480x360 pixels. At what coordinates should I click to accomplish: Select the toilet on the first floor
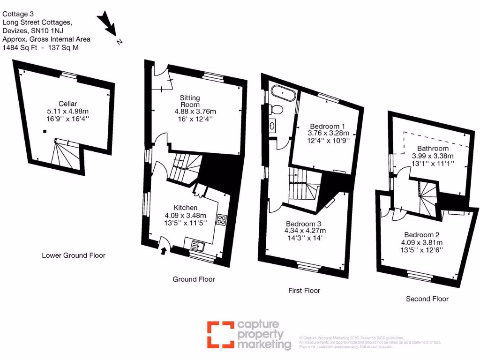[277, 110]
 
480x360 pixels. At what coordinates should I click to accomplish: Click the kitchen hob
[222, 220]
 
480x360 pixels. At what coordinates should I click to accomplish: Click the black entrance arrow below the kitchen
[164, 251]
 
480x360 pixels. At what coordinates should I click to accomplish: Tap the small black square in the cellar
[45, 131]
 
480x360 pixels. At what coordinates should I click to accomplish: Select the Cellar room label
[68, 104]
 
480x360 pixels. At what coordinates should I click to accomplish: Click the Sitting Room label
[190, 101]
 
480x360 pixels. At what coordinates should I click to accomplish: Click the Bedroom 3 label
[305, 223]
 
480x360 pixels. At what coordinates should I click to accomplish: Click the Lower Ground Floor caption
[74, 255]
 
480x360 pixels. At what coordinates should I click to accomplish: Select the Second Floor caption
[427, 299]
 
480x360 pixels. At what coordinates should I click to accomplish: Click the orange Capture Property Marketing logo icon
[220, 334]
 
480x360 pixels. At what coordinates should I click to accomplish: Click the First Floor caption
[304, 291]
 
